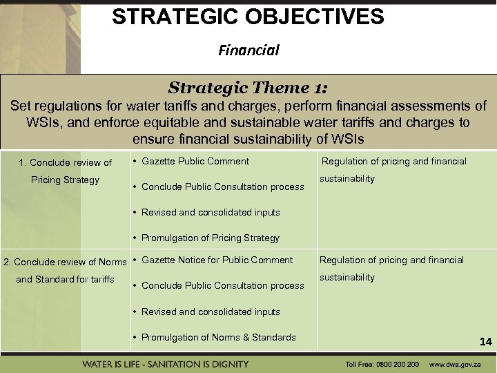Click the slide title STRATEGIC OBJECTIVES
coord(248,17)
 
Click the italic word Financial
coord(248,50)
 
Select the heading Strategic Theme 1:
coord(248,88)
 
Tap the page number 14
coord(485,341)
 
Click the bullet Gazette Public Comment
coord(195,161)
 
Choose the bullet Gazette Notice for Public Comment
coord(217,260)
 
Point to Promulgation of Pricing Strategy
coord(210,238)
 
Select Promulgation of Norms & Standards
coord(218,337)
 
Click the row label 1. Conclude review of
coord(65,162)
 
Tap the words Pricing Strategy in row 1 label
coord(65,180)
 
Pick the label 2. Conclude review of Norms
coord(65,262)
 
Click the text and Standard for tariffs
coord(65,279)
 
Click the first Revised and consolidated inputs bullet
coord(211,212)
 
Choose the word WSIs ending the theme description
coord(347,138)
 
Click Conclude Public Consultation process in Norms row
coord(222,285)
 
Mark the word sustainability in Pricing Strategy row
coord(347,178)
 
